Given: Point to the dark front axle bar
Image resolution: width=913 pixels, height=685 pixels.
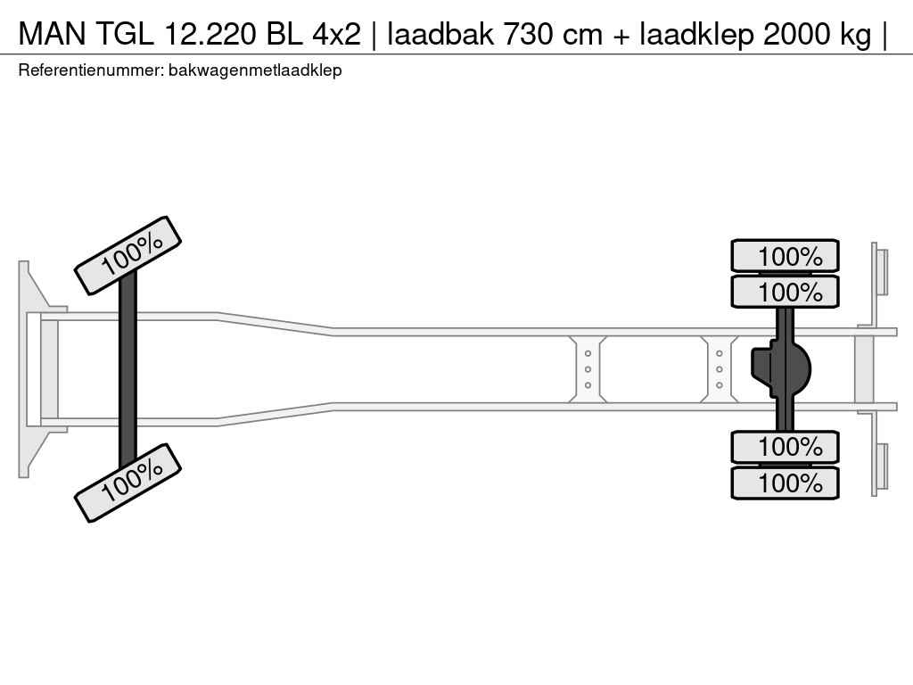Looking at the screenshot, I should (x=127, y=367).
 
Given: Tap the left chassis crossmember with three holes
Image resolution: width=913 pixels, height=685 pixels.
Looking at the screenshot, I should (x=588, y=368).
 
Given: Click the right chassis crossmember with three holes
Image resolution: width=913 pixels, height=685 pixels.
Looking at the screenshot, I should (x=719, y=368).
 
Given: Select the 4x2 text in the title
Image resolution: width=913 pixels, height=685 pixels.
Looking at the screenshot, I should (x=335, y=34).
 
